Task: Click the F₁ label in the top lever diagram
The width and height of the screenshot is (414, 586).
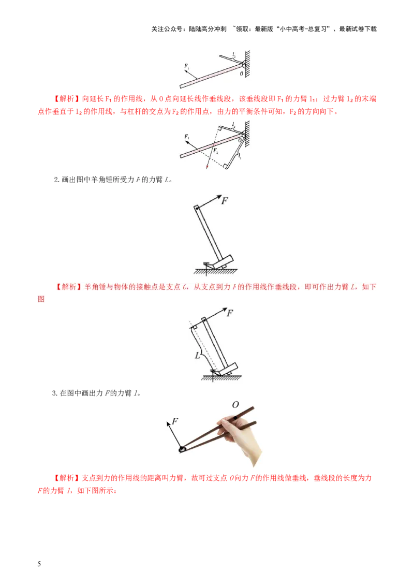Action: (x=186, y=66)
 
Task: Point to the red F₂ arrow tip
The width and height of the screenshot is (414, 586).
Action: (x=208, y=168)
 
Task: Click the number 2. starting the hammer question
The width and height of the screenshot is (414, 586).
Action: (x=57, y=180)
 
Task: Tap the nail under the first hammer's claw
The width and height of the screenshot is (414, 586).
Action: (x=206, y=266)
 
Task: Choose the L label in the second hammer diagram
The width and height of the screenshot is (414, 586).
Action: (x=197, y=356)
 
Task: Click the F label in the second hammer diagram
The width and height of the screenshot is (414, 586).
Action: (x=230, y=313)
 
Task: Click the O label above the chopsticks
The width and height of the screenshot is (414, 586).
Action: (x=235, y=404)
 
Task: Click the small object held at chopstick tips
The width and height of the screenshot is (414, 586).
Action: (x=182, y=449)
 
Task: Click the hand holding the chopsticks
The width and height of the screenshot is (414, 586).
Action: (x=243, y=440)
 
